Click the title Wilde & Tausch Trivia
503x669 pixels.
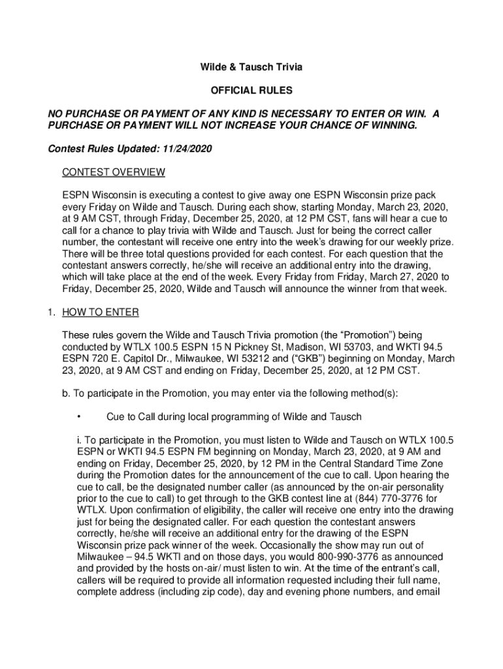(x=251, y=67)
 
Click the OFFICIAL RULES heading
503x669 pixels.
(x=251, y=91)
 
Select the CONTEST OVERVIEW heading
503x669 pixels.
(x=113, y=172)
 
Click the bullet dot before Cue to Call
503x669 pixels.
(x=78, y=417)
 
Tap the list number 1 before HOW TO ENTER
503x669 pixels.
(x=50, y=312)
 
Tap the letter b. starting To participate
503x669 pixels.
(x=67, y=393)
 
